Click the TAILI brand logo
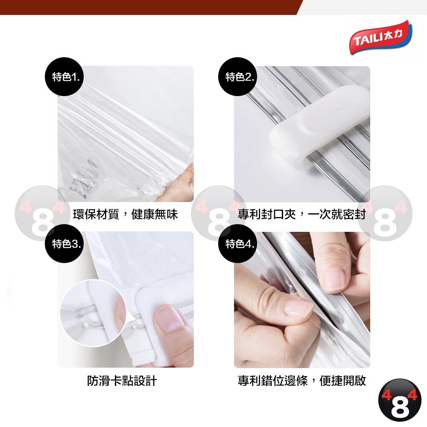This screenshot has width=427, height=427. point(381,37)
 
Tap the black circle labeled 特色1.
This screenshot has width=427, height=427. point(64,76)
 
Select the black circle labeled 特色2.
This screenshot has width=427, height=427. point(237,76)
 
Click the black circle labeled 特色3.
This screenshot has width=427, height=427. point(64,243)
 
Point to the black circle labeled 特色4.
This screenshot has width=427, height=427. point(237,243)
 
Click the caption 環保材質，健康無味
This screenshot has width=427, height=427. point(125,214)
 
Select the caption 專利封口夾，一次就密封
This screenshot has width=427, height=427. point(301,214)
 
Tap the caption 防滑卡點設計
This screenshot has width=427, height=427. point(122,381)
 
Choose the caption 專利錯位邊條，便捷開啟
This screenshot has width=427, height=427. point(302,381)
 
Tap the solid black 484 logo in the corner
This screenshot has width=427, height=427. point(400,401)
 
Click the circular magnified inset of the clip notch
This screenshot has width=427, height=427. point(93,313)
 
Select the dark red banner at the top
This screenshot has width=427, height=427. point(150,7)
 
